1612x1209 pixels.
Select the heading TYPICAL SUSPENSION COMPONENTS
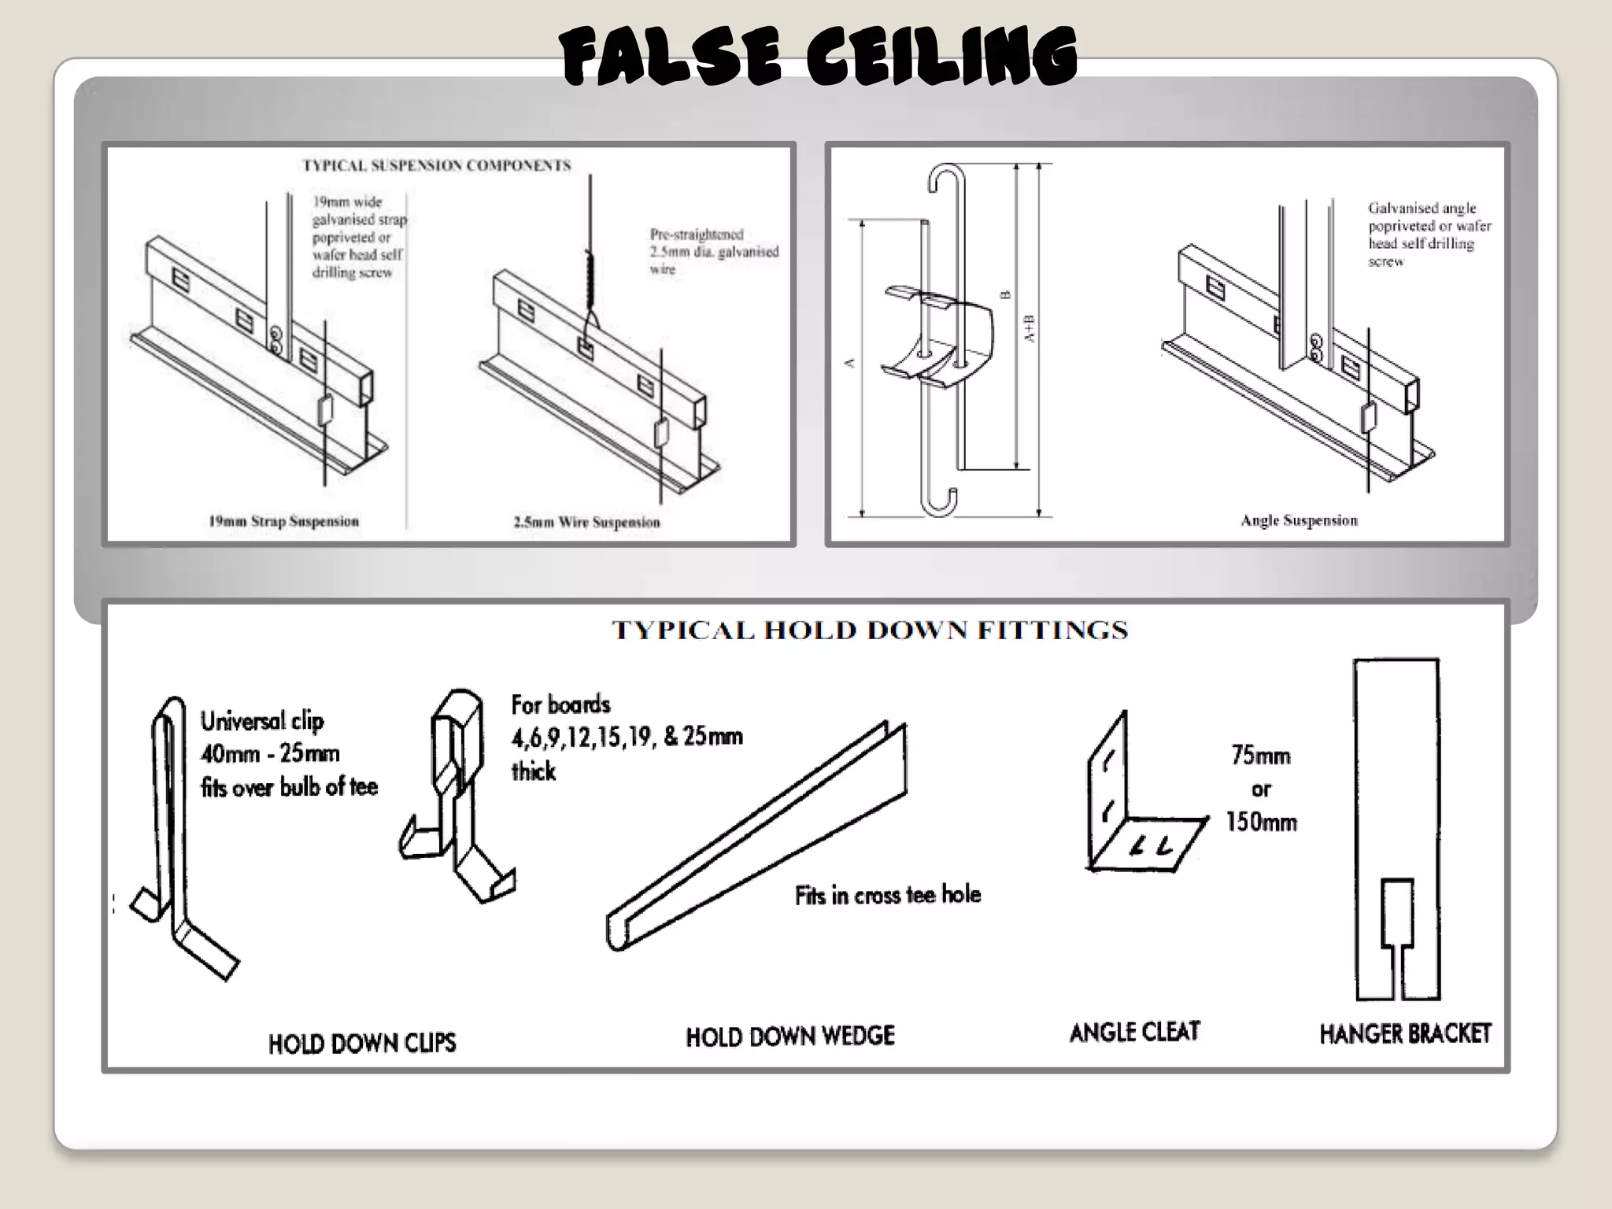tap(437, 165)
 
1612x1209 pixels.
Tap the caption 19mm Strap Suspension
tap(283, 521)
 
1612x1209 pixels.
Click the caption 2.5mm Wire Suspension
tap(586, 522)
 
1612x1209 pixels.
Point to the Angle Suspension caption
tap(1299, 520)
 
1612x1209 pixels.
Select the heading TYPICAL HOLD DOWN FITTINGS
tap(870, 630)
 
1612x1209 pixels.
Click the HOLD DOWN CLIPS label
tap(362, 1043)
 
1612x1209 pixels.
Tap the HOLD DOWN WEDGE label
tap(790, 1036)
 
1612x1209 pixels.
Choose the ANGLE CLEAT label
tap(1134, 1032)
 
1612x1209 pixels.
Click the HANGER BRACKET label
tap(1405, 1033)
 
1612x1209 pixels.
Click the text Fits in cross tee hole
tap(888, 895)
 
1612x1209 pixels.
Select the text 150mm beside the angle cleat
tap(1261, 823)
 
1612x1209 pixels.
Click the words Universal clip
tap(262, 721)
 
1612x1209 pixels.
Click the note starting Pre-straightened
tap(712, 251)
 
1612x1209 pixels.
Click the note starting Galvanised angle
tap(1429, 235)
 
